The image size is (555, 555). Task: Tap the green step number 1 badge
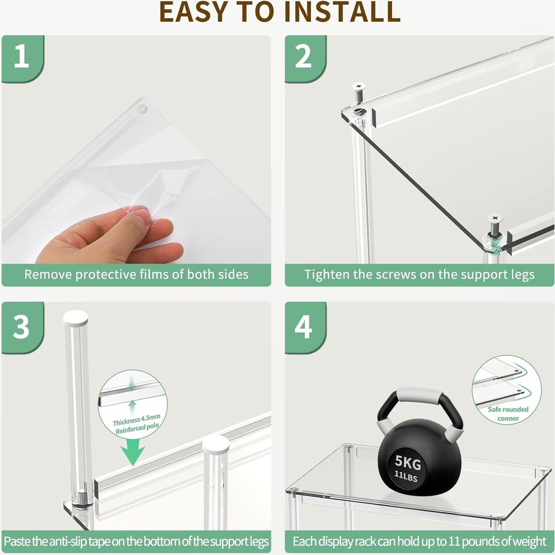tap(22, 59)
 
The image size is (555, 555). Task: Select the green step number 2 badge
tap(305, 59)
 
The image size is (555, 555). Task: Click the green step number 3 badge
tap(22, 327)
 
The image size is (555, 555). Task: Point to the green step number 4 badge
tap(305, 327)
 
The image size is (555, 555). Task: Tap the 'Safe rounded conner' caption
tap(508, 414)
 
